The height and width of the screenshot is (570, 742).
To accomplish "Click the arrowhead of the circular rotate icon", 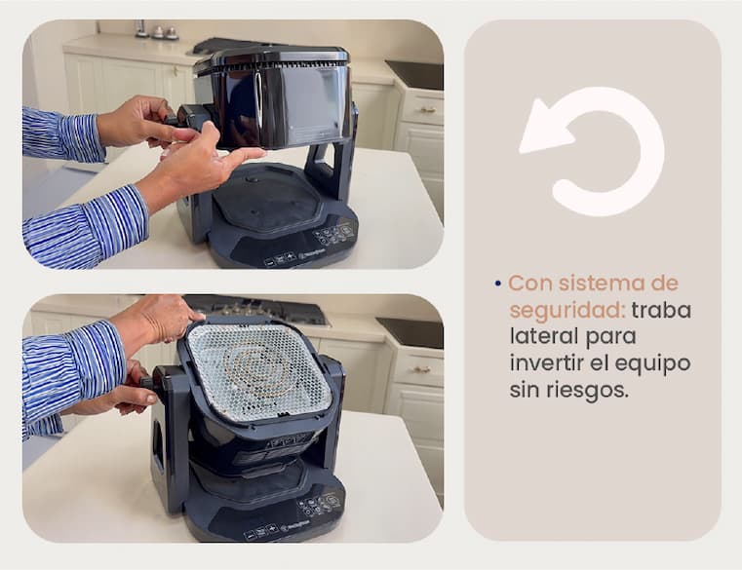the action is (x=544, y=128).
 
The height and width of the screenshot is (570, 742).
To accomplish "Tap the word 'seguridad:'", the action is (x=567, y=311).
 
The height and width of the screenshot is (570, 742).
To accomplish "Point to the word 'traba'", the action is (x=661, y=310).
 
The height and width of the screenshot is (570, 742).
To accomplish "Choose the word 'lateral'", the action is (x=544, y=337).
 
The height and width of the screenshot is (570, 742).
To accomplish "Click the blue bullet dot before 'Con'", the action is (x=497, y=284).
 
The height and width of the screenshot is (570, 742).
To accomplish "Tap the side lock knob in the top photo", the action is (x=182, y=117).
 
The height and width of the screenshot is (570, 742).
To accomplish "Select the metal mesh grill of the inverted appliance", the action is (x=258, y=373).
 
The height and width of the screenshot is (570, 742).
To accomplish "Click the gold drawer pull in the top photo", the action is (x=427, y=111).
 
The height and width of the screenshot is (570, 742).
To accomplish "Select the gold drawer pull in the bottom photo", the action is (x=419, y=369).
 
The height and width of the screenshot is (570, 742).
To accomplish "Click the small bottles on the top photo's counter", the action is (x=157, y=30).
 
